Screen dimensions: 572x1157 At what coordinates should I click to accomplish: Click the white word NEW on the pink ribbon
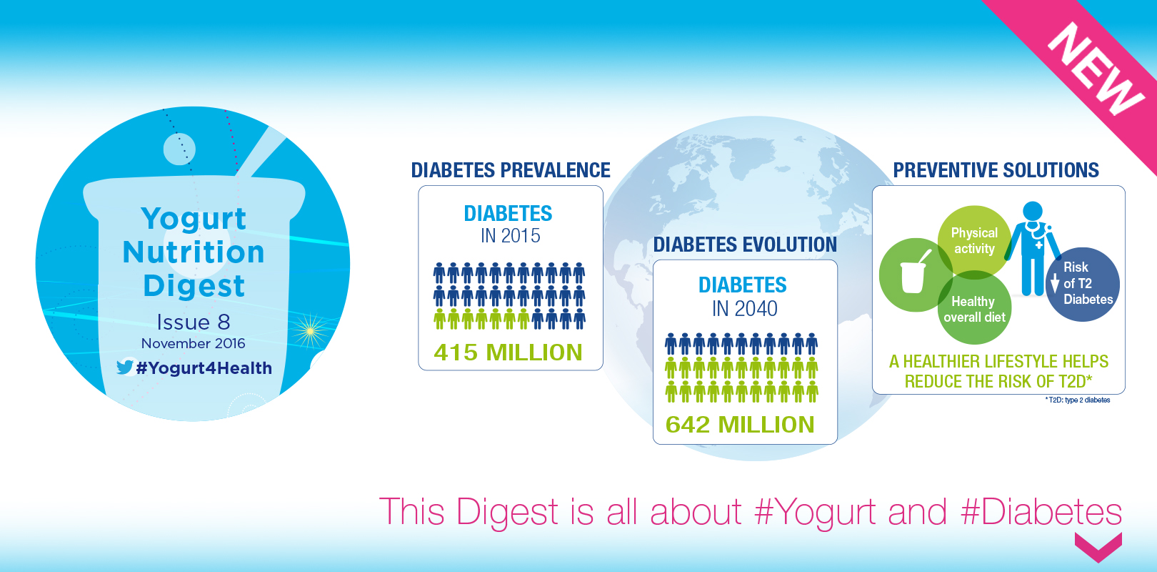click(x=1096, y=69)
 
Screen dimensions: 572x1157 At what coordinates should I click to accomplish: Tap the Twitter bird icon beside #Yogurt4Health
click(x=125, y=367)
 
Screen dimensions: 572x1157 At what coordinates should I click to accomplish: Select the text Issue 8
click(x=194, y=322)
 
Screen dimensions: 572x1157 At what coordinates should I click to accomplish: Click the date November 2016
click(x=193, y=343)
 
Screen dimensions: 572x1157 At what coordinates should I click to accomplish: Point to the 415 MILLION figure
click(x=508, y=352)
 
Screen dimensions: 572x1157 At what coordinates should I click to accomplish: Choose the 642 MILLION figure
click(x=740, y=425)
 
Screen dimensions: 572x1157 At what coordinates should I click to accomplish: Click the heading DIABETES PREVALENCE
click(x=511, y=170)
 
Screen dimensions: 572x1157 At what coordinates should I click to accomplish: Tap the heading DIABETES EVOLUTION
click(x=745, y=245)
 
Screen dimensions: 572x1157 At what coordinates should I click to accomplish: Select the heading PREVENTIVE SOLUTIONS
click(x=996, y=170)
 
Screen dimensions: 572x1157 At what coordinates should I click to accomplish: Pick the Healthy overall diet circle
click(x=974, y=310)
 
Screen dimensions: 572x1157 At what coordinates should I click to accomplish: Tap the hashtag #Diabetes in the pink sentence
click(x=1041, y=512)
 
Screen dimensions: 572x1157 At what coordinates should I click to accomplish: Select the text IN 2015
click(x=510, y=236)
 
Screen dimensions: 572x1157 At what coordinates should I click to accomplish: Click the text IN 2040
click(x=744, y=309)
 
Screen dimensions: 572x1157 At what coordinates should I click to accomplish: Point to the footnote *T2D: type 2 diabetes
click(x=1078, y=400)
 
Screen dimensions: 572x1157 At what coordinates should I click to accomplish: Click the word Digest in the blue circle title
click(x=194, y=285)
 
